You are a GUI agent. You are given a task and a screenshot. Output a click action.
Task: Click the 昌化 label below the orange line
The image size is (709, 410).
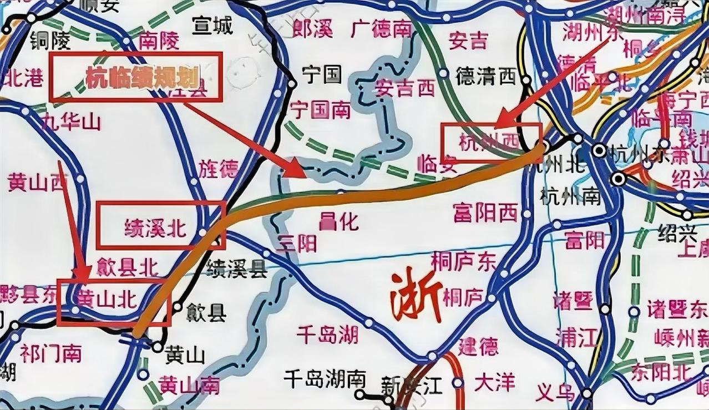tap(338, 222)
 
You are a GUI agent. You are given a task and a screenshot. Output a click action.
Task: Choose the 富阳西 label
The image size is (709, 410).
tap(485, 212)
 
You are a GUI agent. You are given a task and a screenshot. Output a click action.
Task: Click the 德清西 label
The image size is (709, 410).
tap(485, 77)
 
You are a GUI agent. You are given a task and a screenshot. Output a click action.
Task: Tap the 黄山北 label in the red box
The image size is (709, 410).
tap(105, 301)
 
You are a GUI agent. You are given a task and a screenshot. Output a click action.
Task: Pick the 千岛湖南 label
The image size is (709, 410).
tap(325, 379)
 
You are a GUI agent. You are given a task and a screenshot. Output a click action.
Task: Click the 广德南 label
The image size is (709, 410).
tap(381, 29)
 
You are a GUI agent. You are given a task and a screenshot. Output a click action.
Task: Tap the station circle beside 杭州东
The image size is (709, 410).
tap(599, 150)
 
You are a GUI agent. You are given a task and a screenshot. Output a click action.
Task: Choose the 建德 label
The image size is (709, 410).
tap(478, 347)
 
